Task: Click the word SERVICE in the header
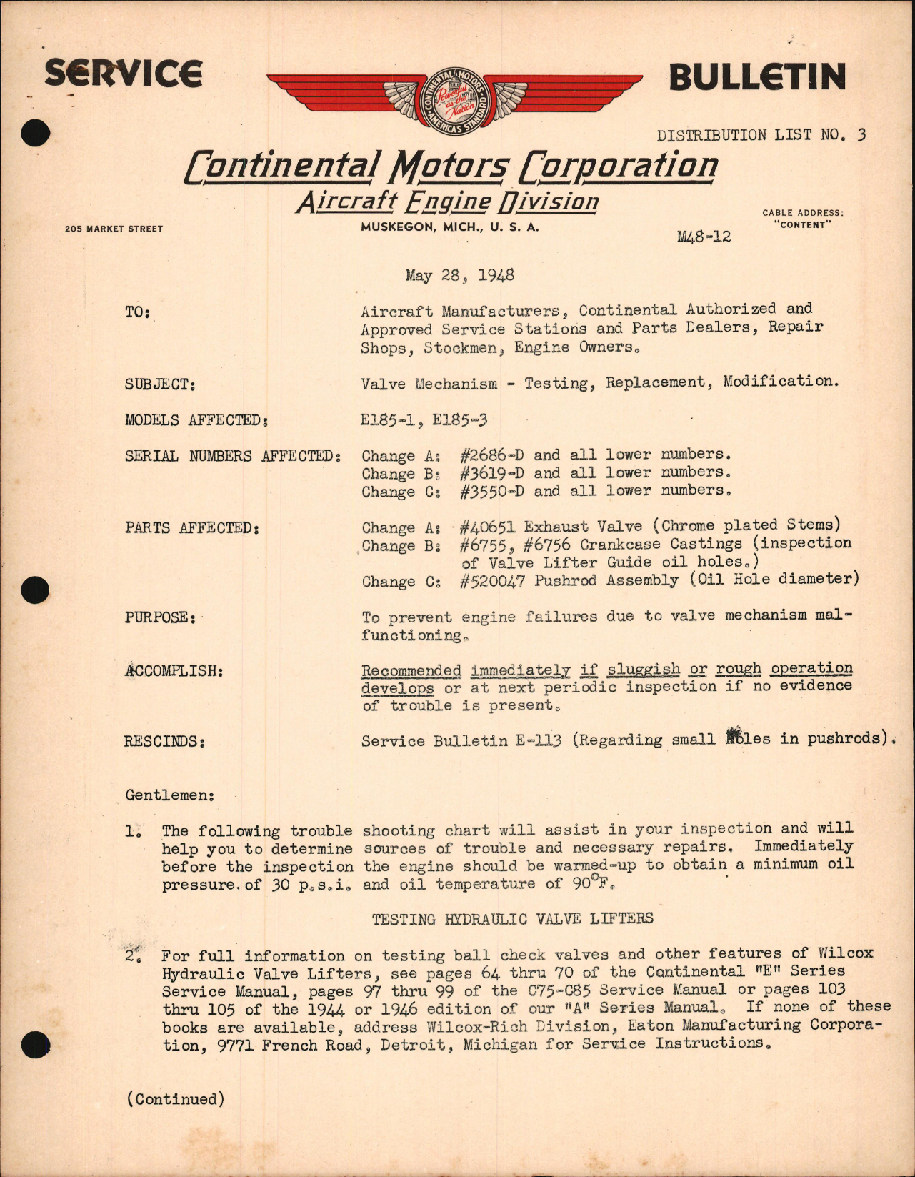123,74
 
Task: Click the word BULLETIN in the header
756,77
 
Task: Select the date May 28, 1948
459,276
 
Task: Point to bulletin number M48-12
704,237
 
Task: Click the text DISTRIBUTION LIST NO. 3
761,135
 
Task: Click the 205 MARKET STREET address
114,229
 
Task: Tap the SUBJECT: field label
160,384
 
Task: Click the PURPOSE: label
160,617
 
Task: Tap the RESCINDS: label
165,742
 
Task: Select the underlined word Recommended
411,670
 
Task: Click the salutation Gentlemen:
170,795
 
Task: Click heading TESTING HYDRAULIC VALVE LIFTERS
512,919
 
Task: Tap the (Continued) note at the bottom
176,1099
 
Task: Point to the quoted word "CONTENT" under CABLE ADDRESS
802,224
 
